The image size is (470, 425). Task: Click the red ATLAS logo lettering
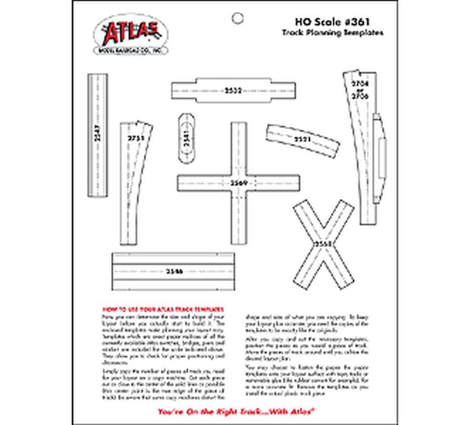(131, 32)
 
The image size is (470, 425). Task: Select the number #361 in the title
(356, 23)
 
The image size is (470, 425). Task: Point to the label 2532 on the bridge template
(233, 90)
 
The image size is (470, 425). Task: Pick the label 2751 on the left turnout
(136, 138)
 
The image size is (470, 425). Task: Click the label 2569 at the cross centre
(238, 183)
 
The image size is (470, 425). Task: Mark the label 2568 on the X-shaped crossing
(324, 243)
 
